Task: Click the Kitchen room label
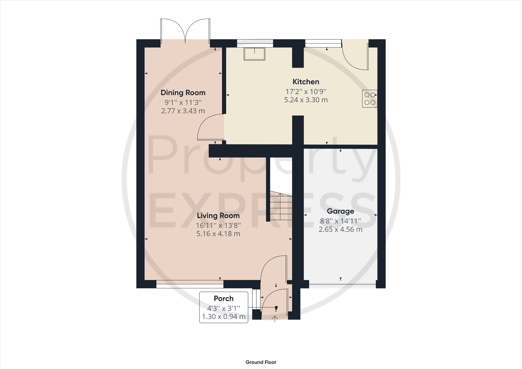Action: click(x=306, y=82)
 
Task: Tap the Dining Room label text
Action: click(x=183, y=93)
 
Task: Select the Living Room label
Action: click(x=218, y=216)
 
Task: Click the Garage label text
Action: click(x=340, y=211)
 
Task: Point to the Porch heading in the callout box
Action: click(x=224, y=298)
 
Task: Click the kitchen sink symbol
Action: click(x=254, y=54)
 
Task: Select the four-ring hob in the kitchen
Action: click(x=370, y=99)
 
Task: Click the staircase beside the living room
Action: click(x=281, y=207)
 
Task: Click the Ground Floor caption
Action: click(x=261, y=362)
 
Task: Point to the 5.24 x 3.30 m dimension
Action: click(x=306, y=100)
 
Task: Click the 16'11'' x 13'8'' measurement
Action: click(x=218, y=225)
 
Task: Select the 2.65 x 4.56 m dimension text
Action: click(x=340, y=230)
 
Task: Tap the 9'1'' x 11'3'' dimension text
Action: click(x=183, y=103)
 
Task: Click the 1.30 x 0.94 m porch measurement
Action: click(x=224, y=317)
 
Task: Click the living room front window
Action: click(x=190, y=284)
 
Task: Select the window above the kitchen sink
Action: click(x=255, y=43)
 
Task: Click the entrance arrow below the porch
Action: click(x=275, y=319)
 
